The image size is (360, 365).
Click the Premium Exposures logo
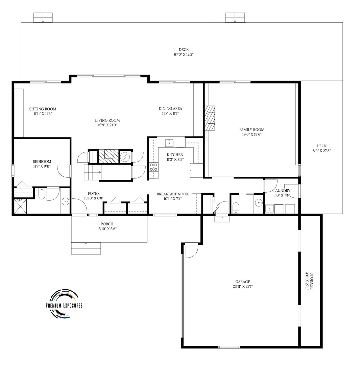pos(64,303)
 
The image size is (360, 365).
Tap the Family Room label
pos(252,130)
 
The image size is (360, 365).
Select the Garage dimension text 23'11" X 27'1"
pos(243,287)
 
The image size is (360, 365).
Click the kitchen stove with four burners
pos(153,167)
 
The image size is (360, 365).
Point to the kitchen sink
pos(169,143)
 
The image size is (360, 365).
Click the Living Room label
pos(107,120)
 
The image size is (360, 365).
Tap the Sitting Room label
pos(43,109)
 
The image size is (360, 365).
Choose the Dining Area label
pos(170,108)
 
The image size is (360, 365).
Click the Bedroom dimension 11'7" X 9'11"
pos(42,166)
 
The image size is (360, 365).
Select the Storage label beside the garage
pos(311,281)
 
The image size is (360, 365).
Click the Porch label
pos(107,224)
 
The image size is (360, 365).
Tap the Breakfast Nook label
pos(172,194)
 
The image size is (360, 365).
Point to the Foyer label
pos(94,193)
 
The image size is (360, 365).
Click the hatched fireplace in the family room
pos(210,118)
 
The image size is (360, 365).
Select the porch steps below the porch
pos(86,248)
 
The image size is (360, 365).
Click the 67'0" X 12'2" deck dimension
pos(184,54)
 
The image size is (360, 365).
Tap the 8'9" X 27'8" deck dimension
pos(321,151)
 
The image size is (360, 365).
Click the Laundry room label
pos(282,190)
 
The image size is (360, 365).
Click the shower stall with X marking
pos(20,206)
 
